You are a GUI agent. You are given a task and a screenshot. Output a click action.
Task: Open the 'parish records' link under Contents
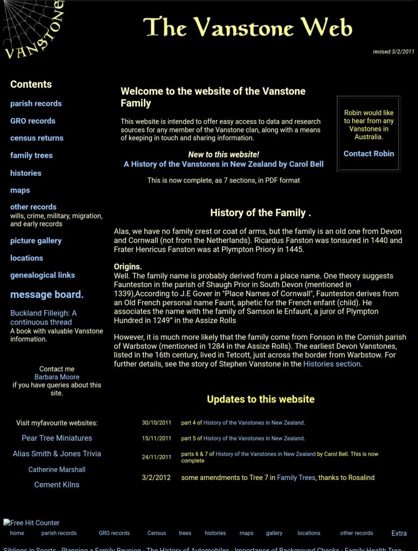[36, 103]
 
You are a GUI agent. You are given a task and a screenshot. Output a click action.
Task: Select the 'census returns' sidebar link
[37, 138]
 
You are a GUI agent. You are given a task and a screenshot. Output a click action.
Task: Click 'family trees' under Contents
[31, 155]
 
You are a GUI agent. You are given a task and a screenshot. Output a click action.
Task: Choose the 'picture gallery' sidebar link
[36, 241]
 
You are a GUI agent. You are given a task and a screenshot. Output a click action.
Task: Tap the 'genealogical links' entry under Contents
[43, 275]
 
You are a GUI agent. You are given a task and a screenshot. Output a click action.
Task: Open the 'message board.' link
[47, 294]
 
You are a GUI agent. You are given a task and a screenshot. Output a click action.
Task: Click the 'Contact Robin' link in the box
[368, 153]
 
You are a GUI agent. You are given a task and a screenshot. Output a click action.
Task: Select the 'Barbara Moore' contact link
[57, 377]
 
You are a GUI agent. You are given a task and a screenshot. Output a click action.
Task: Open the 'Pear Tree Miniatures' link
[57, 438]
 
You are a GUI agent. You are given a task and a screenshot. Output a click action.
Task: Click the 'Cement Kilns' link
[57, 484]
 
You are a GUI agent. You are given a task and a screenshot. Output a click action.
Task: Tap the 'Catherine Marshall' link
[57, 469]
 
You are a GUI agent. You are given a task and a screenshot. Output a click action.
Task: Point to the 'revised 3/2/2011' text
[393, 52]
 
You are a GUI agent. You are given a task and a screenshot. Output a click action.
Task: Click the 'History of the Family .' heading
[261, 213]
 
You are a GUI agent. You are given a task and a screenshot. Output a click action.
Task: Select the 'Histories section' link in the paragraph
[331, 364]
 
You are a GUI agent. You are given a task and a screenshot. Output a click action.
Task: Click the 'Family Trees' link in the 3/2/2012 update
[296, 477]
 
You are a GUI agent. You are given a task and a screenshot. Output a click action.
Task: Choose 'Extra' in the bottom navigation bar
[399, 533]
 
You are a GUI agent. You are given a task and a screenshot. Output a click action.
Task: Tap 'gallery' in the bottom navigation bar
[274, 533]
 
